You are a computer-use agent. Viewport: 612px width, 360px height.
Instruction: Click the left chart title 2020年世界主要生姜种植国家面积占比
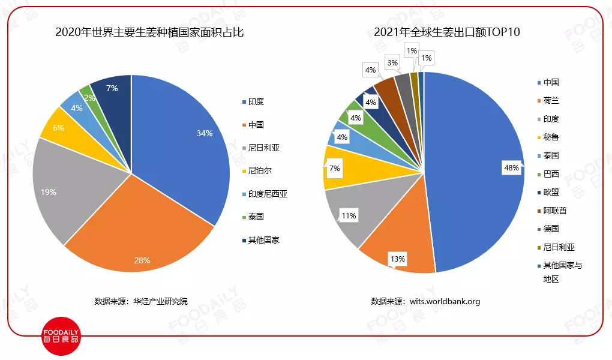coord(149,32)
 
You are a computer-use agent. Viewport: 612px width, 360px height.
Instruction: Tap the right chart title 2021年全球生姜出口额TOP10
coord(446,32)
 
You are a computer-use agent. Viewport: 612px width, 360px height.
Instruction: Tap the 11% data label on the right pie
coord(349,215)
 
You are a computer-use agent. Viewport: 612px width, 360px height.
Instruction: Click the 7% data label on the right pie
coord(334,169)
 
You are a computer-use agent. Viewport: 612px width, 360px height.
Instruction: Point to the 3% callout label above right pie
coord(392,62)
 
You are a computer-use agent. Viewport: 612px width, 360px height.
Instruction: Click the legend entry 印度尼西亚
coord(267,194)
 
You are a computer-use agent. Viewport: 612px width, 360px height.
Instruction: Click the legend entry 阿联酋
coord(554,211)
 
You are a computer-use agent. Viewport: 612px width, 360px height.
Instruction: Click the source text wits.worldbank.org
coord(445,301)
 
